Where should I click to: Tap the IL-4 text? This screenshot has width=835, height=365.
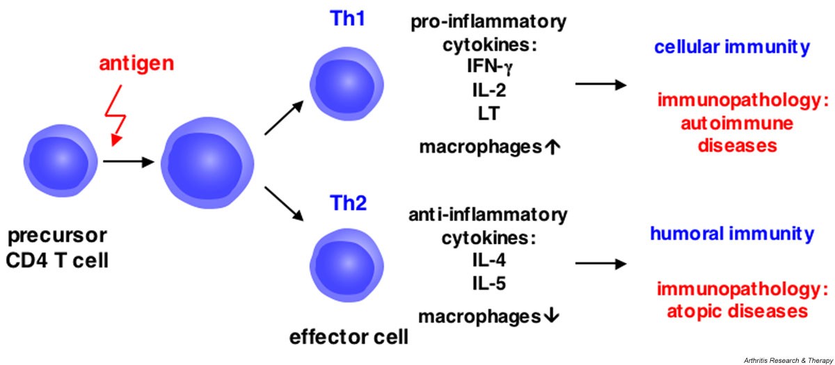click(x=487, y=261)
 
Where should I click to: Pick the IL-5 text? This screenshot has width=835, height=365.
click(x=487, y=284)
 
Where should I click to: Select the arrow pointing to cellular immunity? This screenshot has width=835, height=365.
click(x=600, y=84)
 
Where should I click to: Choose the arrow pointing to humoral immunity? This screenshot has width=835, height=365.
click(x=600, y=264)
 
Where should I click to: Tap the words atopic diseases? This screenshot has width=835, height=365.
click(x=731, y=310)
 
